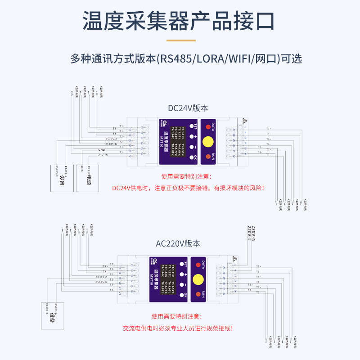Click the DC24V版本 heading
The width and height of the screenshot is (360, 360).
coord(188,108)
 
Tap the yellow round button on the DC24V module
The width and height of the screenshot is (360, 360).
coord(208,141)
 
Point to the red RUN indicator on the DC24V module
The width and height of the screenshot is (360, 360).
coord(208,157)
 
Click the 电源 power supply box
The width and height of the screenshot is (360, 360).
coord(86,179)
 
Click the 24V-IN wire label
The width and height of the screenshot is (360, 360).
coord(103,154)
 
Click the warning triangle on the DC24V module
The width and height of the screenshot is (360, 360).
coord(244,121)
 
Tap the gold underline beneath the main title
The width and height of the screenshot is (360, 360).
coord(181,40)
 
